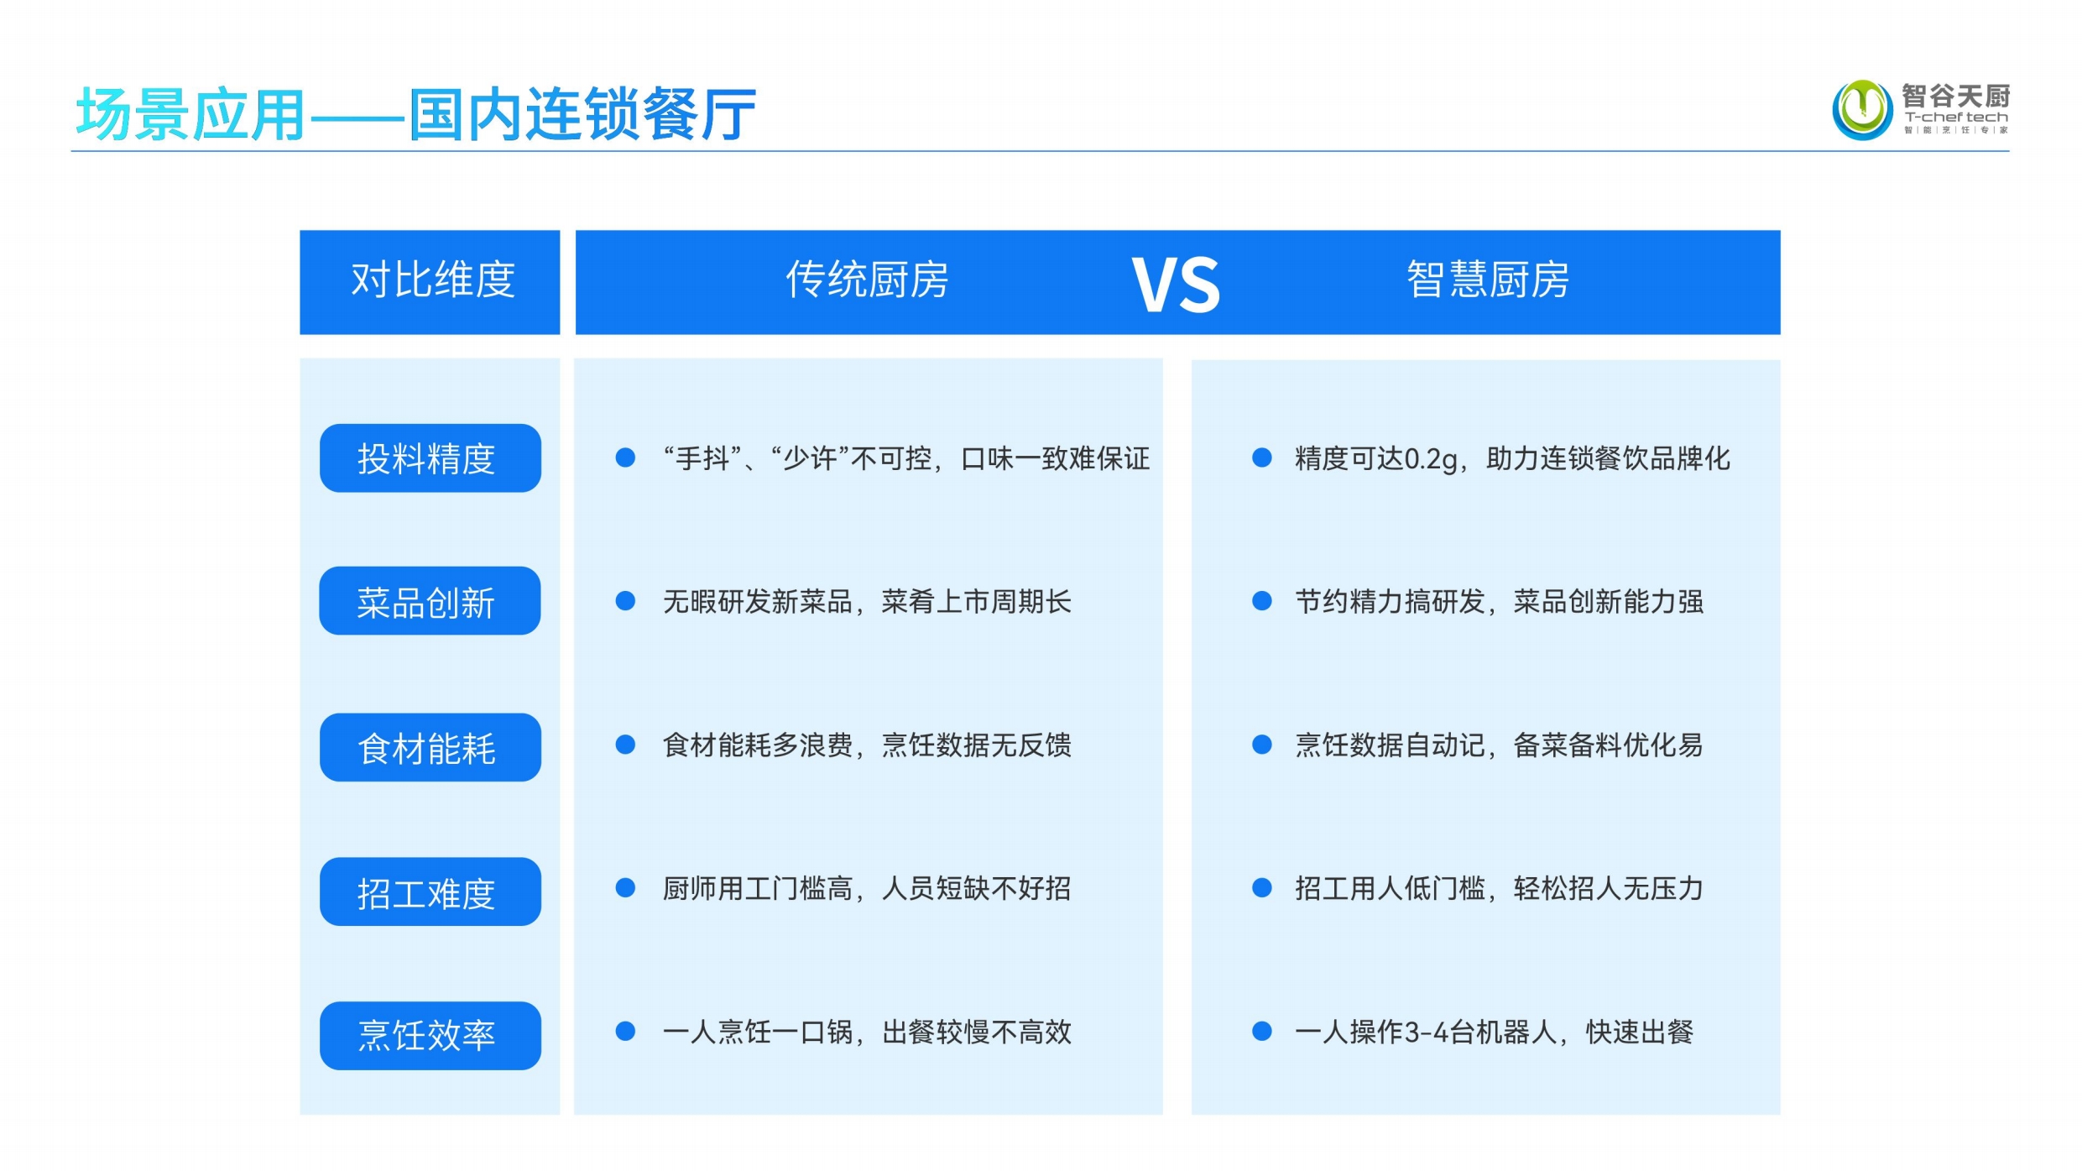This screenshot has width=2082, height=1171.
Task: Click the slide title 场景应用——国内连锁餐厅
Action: tap(416, 114)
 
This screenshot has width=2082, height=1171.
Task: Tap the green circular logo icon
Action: tap(1862, 109)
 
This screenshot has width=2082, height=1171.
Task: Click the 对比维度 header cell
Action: tap(430, 282)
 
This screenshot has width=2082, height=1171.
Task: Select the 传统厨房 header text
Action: tap(867, 280)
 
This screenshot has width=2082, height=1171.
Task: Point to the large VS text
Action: tap(1176, 285)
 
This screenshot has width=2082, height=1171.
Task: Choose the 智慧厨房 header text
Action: tap(1488, 280)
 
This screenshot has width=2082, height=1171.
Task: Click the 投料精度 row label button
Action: tap(430, 458)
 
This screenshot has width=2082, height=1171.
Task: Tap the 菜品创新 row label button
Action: tap(430, 601)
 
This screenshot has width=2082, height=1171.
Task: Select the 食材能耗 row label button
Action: tap(430, 747)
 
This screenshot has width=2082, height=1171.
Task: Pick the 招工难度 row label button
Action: tap(430, 891)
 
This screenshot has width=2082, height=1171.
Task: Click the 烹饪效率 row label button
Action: tap(430, 1036)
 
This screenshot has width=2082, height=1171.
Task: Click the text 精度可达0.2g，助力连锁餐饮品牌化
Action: tap(1512, 459)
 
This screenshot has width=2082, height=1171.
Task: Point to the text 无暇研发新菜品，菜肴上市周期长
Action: tap(867, 602)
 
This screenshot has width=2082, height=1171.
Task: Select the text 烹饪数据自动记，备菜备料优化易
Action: tap(1499, 745)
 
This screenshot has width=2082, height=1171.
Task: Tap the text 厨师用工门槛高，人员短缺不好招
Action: tap(867, 888)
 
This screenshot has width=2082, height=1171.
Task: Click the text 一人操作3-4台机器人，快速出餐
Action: tap(1494, 1032)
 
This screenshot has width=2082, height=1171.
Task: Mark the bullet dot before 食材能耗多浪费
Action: tap(625, 745)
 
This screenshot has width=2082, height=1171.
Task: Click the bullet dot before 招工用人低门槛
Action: tap(1262, 888)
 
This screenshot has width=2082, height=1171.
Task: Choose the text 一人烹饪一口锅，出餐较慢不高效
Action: tap(867, 1032)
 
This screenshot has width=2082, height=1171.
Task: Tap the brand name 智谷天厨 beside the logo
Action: tap(1955, 96)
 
